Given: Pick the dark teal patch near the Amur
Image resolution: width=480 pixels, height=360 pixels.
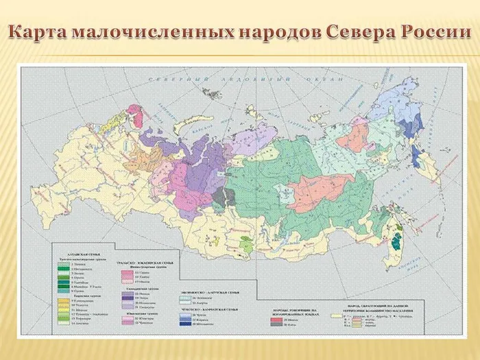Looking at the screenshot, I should tap(396, 239).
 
